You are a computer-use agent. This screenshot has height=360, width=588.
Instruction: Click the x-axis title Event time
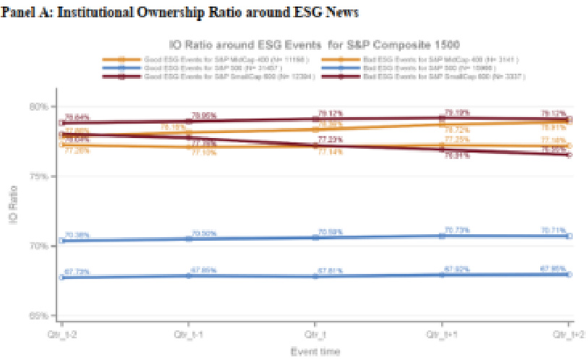click(315, 351)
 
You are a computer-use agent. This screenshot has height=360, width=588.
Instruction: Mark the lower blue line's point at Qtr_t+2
click(568, 275)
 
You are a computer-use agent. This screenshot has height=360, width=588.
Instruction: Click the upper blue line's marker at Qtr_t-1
click(189, 238)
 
